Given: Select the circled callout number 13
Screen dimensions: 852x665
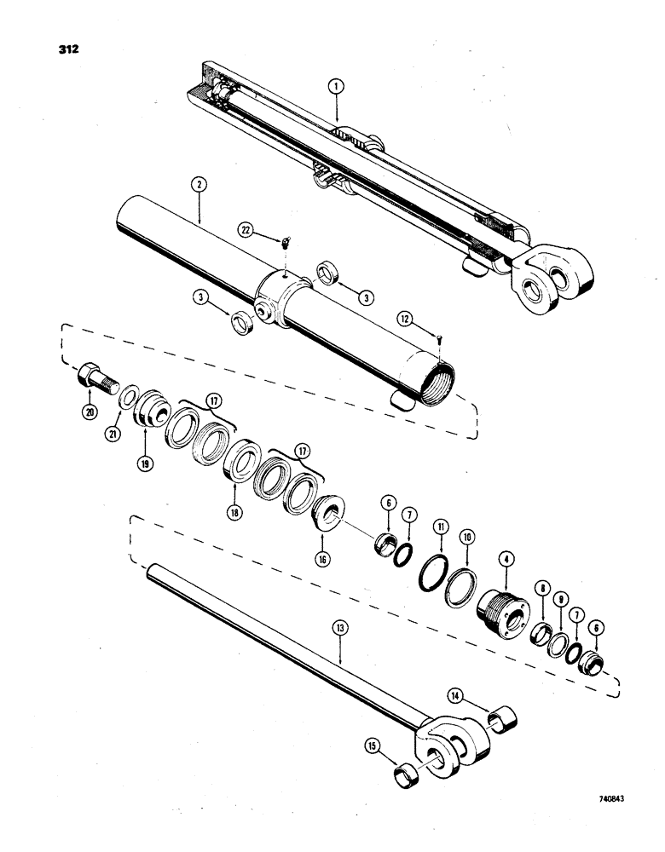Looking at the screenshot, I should tap(339, 632).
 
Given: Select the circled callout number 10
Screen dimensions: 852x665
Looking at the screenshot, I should tap(466, 539).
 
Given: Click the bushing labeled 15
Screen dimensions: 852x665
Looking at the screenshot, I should tap(407, 778).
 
